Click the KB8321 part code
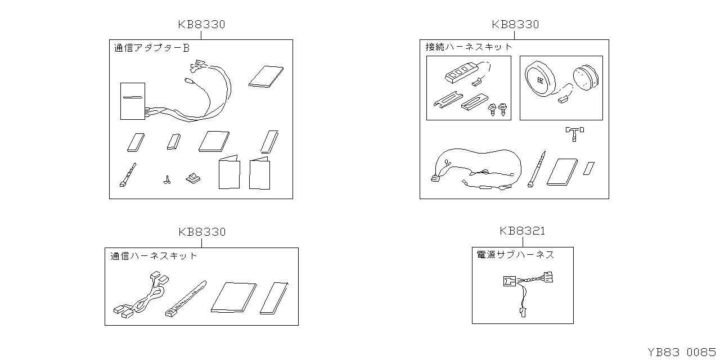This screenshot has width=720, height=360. pyautogui.click(x=523, y=231)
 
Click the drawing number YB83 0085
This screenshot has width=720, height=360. pyautogui.click(x=682, y=352)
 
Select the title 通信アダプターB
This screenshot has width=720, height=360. pyautogui.click(x=152, y=48)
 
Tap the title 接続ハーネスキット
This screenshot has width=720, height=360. pyautogui.click(x=469, y=47)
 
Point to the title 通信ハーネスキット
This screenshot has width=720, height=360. pyautogui.click(x=154, y=256)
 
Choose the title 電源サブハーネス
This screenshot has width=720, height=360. pyautogui.click(x=515, y=255)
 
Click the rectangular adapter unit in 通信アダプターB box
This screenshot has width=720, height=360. pyautogui.click(x=133, y=101)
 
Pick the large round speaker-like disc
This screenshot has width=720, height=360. pyautogui.click(x=540, y=79)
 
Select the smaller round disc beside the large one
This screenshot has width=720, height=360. pyautogui.click(x=586, y=78)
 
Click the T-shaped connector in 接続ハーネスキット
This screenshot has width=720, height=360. pyautogui.click(x=575, y=134)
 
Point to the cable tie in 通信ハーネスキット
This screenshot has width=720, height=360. pyautogui.click(x=186, y=299)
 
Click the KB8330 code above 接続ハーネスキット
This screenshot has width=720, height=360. pyautogui.click(x=515, y=24)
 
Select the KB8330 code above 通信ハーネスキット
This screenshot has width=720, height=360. pyautogui.click(x=202, y=232)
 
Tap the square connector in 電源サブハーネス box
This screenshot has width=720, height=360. pyautogui.click(x=510, y=281)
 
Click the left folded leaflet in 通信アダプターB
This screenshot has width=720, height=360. pyautogui.click(x=229, y=172)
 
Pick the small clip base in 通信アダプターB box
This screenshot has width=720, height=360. pyautogui.click(x=193, y=178)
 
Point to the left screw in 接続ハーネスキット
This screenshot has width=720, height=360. pyautogui.click(x=492, y=110)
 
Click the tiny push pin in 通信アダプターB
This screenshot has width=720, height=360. pyautogui.click(x=167, y=180)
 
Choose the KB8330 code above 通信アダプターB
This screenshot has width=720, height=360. pyautogui.click(x=201, y=24)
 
